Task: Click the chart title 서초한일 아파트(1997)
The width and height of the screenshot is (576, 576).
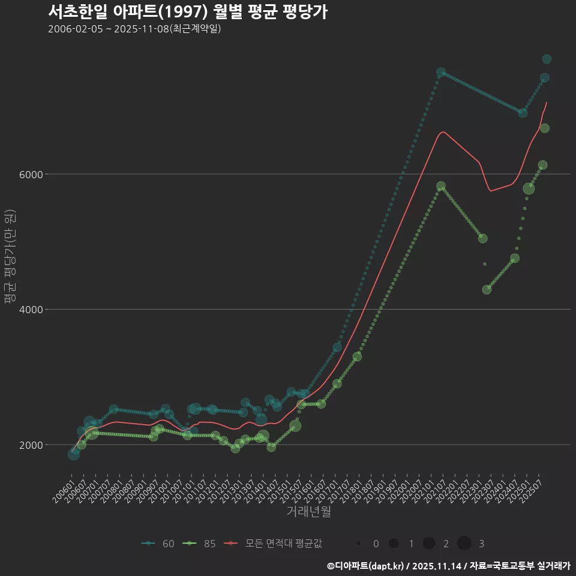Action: click(187, 12)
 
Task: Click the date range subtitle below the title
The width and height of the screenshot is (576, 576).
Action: click(134, 29)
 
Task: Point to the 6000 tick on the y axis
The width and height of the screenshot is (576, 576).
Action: click(31, 175)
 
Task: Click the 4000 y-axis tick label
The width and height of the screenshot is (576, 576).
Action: click(31, 310)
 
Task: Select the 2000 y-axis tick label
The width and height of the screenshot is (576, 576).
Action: click(31, 445)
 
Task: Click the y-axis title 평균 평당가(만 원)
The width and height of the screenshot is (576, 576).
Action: click(9, 258)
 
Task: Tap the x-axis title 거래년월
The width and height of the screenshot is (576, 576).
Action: click(308, 511)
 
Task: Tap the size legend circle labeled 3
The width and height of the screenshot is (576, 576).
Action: click(464, 544)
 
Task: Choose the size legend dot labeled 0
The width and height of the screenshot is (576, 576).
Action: click(359, 544)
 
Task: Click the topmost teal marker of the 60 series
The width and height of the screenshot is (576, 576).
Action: click(547, 59)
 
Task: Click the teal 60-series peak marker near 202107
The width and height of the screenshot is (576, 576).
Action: click(441, 72)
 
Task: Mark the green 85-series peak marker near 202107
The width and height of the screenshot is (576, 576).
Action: click(441, 187)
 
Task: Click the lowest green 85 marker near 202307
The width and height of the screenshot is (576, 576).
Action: click(487, 289)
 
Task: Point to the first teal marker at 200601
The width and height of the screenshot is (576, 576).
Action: click(73, 454)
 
